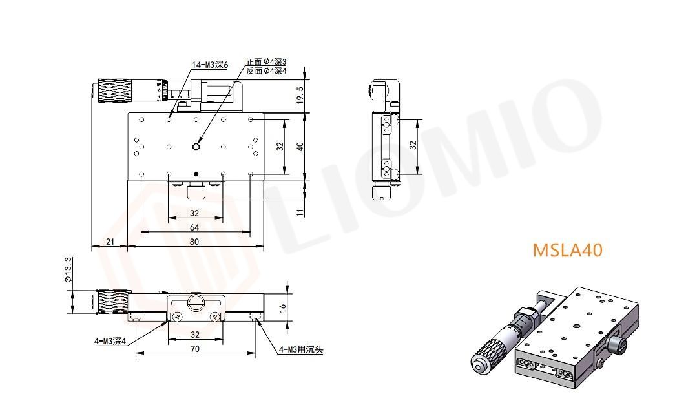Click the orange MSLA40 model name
(x=568, y=250)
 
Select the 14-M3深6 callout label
(x=210, y=65)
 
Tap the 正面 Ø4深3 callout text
(x=266, y=62)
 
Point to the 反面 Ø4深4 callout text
(x=266, y=70)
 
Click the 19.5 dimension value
(x=300, y=95)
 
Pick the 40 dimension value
(x=300, y=147)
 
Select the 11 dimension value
(x=300, y=213)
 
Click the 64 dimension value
(x=194, y=228)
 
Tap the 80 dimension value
(x=194, y=242)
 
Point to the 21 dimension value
(x=110, y=242)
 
